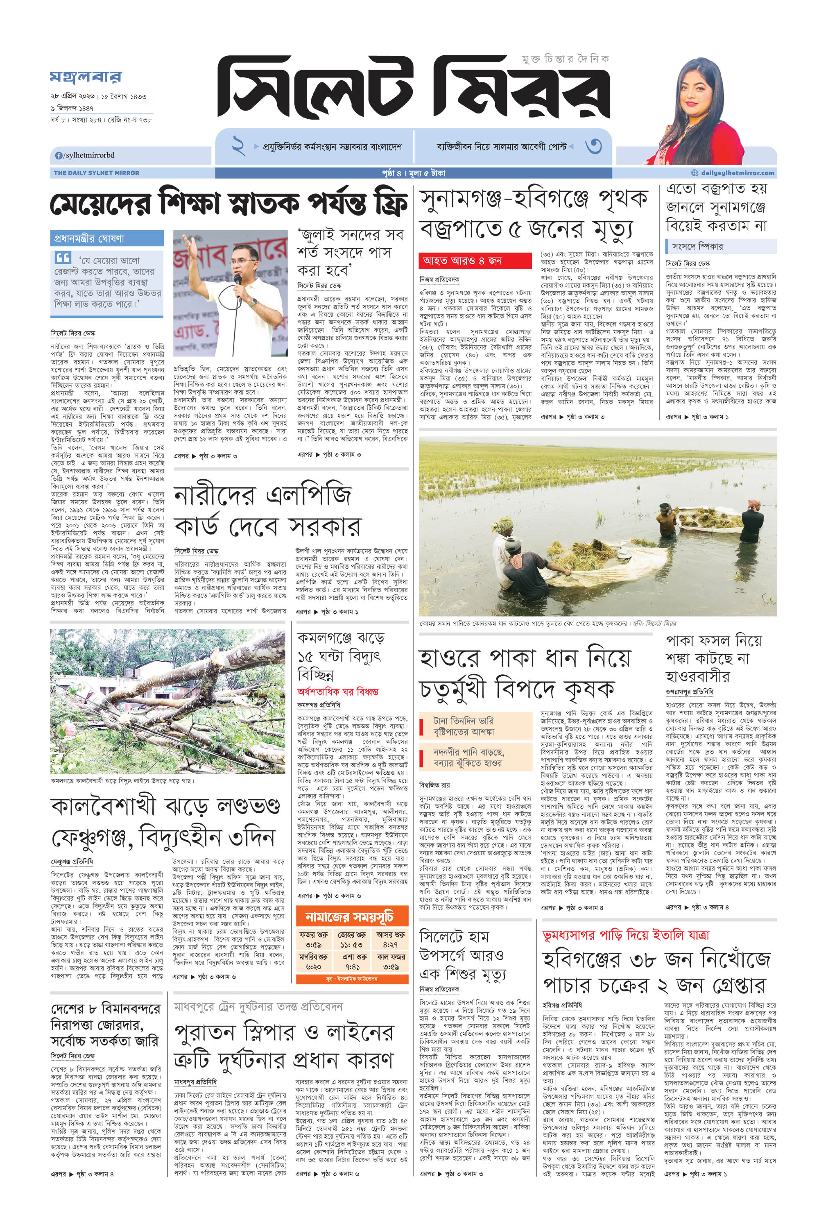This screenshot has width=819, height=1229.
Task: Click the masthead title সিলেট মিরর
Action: click(x=413, y=89)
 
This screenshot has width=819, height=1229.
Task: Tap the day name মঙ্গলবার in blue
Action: click(x=86, y=78)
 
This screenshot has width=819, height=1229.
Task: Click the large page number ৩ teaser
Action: click(x=593, y=146)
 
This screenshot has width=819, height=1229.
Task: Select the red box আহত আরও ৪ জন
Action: click(x=468, y=260)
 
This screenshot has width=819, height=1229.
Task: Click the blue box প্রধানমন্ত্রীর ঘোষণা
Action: click(x=106, y=239)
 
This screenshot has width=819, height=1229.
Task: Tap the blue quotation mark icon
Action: click(x=63, y=258)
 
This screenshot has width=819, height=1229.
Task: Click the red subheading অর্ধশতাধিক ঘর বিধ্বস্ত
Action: click(x=337, y=692)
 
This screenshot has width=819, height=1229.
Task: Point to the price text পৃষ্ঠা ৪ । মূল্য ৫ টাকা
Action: click(x=413, y=173)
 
